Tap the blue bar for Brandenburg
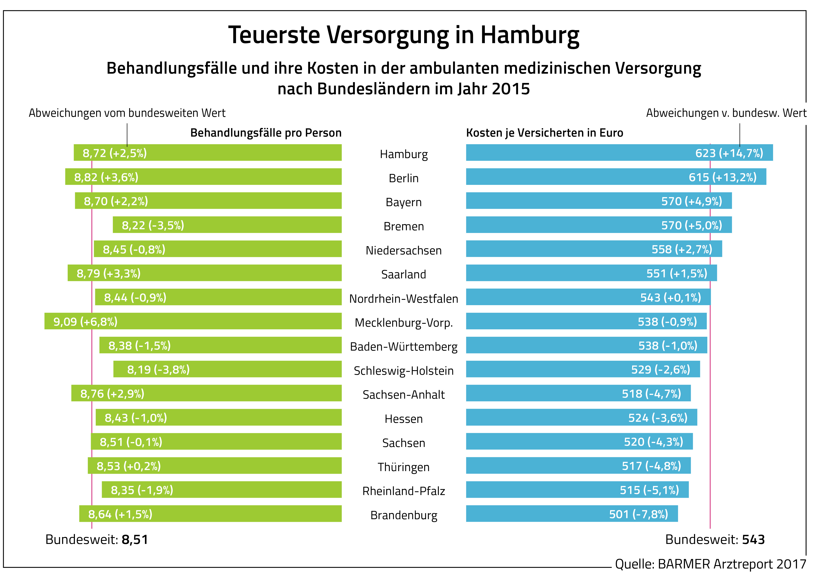click(x=535, y=514)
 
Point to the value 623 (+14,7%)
click(x=729, y=153)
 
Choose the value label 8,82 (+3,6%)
click(x=106, y=177)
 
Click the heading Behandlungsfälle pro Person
click(x=266, y=133)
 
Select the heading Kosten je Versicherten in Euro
click(x=544, y=133)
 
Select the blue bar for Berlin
click(x=570, y=177)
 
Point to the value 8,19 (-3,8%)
click(x=158, y=370)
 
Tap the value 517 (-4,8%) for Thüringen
click(x=651, y=466)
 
